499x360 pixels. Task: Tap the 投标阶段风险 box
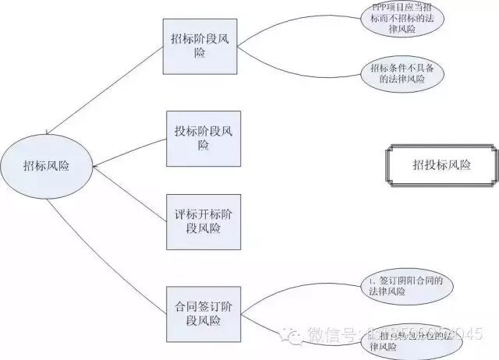(x=203, y=138)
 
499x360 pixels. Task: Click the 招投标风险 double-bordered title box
(x=441, y=165)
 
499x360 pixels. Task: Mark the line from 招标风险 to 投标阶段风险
(x=129, y=154)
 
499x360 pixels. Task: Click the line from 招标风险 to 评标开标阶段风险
(x=129, y=189)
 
